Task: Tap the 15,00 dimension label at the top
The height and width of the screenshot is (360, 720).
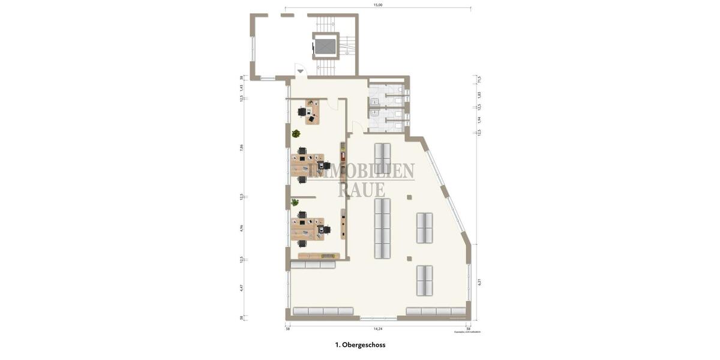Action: coord(378,5)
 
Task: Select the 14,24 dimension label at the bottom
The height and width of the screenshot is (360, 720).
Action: coord(378,329)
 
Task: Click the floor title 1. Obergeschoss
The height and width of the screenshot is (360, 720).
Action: coord(360,345)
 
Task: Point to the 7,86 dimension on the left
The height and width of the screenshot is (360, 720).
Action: coord(241,147)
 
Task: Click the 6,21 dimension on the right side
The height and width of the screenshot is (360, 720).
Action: coord(479,281)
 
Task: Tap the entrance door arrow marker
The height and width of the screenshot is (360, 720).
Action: coord(300,71)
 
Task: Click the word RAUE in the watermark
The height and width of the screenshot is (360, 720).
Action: coord(361,190)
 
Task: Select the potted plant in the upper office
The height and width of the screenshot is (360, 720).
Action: coord(296,134)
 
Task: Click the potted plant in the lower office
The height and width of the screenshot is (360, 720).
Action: coord(295,203)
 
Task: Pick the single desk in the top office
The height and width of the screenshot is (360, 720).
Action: coord(312,112)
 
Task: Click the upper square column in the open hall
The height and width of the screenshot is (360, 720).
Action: coord(409,197)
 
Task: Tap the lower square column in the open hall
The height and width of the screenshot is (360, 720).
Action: coord(409,259)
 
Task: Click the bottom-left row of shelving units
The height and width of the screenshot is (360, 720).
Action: coord(323,311)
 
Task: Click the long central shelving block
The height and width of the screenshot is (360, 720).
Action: coord(382,229)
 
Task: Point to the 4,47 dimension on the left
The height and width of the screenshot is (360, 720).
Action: coord(241,287)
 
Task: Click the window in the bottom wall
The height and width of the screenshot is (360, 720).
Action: coord(378,317)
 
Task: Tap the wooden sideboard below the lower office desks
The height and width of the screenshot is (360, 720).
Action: coord(319,256)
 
